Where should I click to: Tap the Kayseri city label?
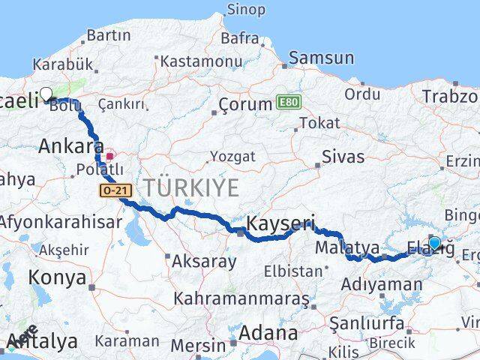280,223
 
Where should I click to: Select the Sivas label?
343,157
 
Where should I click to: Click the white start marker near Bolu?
46,94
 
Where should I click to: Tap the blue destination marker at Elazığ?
434,242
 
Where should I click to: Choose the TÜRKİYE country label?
191,187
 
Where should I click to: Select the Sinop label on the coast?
245,10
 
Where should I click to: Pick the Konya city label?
57,277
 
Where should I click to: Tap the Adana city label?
268,332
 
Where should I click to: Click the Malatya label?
347,247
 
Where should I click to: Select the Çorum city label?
244,104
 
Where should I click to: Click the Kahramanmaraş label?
241,298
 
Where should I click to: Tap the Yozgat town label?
232,157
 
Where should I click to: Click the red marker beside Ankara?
109,157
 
